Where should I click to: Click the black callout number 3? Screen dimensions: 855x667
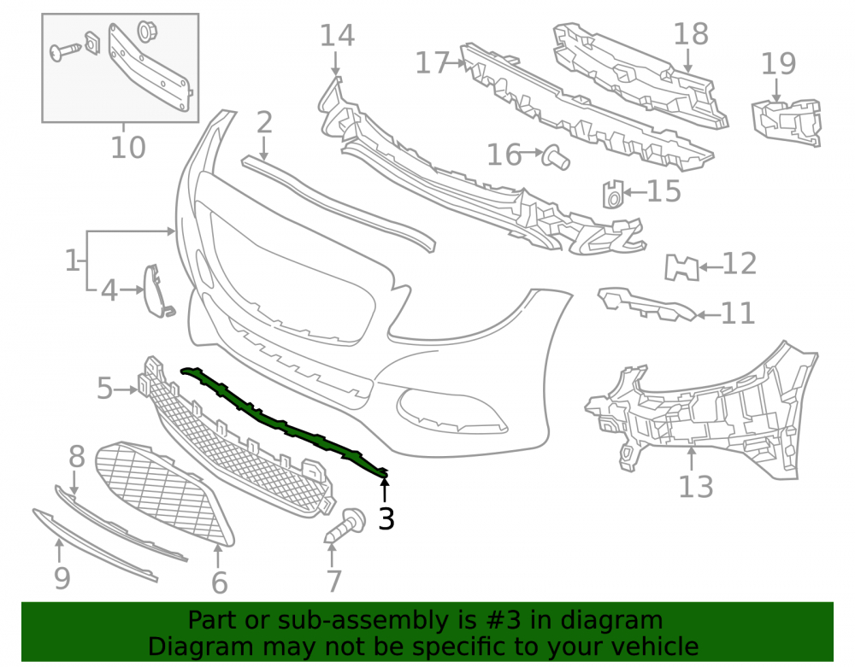tap(386, 518)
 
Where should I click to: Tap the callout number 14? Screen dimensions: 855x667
tap(337, 35)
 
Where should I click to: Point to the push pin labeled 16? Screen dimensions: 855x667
tap(555, 157)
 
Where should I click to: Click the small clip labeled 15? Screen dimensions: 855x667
tap(612, 195)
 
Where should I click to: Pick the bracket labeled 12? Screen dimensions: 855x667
tap(681, 267)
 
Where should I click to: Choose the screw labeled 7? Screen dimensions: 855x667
tap(345, 525)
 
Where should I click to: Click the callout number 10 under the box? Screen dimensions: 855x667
tap(128, 148)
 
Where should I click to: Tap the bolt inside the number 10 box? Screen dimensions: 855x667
tap(66, 52)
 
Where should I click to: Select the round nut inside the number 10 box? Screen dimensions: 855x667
tap(145, 31)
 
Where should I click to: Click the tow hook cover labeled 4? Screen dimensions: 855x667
tap(157, 290)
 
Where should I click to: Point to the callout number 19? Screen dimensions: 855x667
tap(778, 64)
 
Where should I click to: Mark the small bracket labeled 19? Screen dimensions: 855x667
tap(787, 122)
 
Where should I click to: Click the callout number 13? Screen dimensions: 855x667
tap(696, 487)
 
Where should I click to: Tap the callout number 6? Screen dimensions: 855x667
tap(219, 583)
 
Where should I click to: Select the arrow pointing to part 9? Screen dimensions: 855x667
tap(60, 551)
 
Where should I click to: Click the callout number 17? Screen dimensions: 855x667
tap(433, 63)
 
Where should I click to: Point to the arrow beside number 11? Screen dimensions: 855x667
tap(708, 315)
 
